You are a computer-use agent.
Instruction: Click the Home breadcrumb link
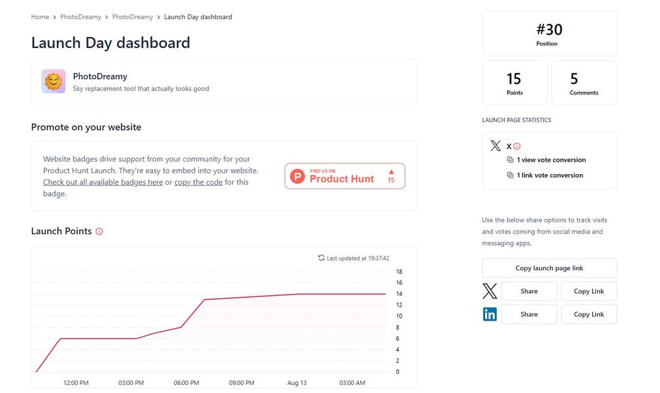point(40,17)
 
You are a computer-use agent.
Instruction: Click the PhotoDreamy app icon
point(53,81)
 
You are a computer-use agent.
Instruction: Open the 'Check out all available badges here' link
point(103,182)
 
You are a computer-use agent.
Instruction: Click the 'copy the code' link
point(198,182)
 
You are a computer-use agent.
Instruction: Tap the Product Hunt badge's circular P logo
point(298,176)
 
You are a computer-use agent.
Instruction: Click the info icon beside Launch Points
point(100,231)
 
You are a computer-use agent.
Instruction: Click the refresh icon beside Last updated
point(321,258)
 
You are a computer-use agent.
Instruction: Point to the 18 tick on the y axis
point(399,272)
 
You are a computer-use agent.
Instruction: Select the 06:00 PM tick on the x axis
point(186,383)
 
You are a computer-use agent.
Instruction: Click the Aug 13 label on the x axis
point(297,383)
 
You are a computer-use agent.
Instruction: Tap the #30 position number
point(549,30)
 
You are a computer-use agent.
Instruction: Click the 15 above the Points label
point(514,79)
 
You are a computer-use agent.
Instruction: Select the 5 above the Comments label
point(574,79)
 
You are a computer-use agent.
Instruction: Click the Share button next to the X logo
point(529,291)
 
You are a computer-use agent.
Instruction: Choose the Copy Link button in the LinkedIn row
point(589,315)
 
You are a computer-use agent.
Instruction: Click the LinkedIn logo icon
point(490,315)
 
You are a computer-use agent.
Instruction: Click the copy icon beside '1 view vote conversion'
point(510,160)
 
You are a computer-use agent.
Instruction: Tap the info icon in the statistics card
point(517,146)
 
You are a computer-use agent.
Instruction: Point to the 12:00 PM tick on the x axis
point(76,383)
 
